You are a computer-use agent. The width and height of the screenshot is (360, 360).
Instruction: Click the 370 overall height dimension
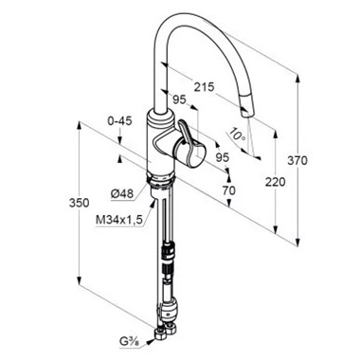tap(297, 160)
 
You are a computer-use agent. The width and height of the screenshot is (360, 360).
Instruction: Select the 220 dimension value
tap(275, 182)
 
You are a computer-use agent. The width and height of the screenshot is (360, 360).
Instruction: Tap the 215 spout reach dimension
tap(204, 87)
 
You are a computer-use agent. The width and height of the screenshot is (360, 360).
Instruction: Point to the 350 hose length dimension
tap(80, 203)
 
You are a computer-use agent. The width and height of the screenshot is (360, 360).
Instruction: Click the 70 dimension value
tap(228, 190)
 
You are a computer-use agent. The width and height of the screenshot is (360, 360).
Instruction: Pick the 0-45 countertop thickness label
tap(119, 120)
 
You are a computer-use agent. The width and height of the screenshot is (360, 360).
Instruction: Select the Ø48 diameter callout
tap(122, 193)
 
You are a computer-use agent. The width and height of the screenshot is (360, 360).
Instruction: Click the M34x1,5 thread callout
tap(119, 219)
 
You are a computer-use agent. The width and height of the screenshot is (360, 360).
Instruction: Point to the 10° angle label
tap(238, 135)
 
